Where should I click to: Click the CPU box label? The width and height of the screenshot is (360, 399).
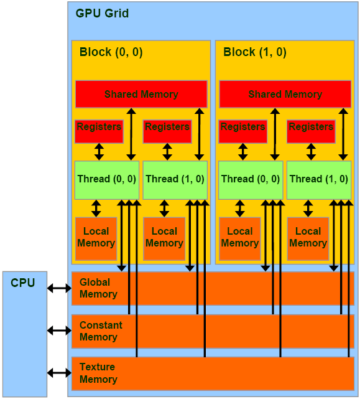23,283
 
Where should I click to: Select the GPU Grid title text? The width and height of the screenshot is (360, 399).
102,13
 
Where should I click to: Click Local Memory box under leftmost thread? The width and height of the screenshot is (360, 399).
96,237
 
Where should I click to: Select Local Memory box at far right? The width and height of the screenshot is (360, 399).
308,237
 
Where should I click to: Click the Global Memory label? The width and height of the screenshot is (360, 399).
98,288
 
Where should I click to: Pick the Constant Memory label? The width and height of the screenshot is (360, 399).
101,331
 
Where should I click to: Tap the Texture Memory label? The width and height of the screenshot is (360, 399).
98,373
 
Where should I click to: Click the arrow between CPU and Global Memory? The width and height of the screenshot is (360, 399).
60,288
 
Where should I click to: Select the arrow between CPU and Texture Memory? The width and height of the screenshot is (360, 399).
60,373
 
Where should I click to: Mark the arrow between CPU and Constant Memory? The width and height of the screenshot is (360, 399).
60,331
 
